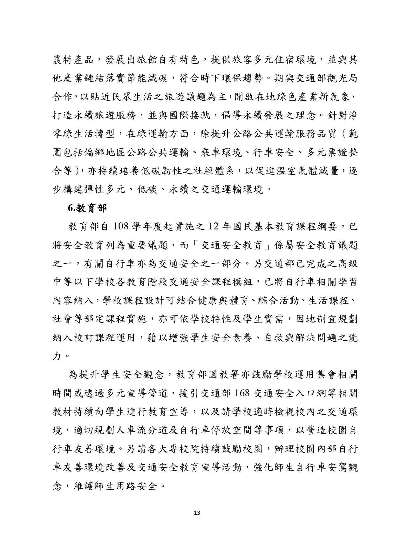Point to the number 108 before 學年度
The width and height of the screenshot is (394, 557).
120,227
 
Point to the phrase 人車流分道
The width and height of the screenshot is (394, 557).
132,431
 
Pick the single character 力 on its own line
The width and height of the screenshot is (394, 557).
56,356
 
